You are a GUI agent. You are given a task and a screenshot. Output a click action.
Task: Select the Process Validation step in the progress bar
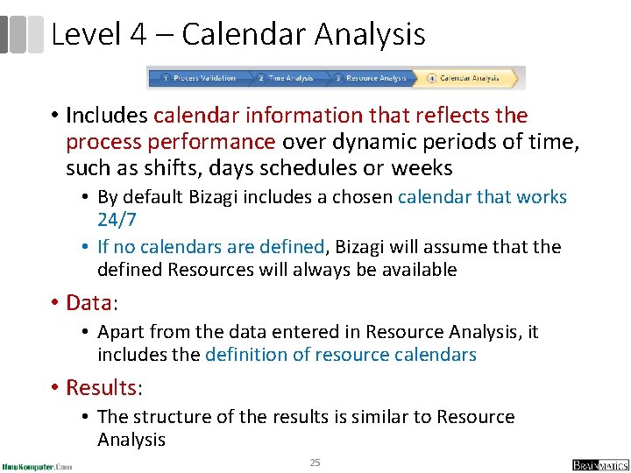(x=199, y=78)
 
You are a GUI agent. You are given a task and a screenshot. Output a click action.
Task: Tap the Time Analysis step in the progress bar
(x=286, y=78)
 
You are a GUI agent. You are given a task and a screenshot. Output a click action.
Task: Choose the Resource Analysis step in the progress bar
(x=371, y=78)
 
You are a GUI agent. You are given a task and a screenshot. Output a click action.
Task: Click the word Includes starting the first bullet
(x=106, y=115)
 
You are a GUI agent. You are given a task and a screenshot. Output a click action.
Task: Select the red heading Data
(x=88, y=303)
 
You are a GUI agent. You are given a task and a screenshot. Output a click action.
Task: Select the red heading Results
(x=101, y=387)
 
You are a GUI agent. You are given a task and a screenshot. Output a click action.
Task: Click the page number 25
(x=315, y=462)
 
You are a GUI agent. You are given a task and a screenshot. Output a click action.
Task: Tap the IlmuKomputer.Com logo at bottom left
(x=37, y=465)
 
